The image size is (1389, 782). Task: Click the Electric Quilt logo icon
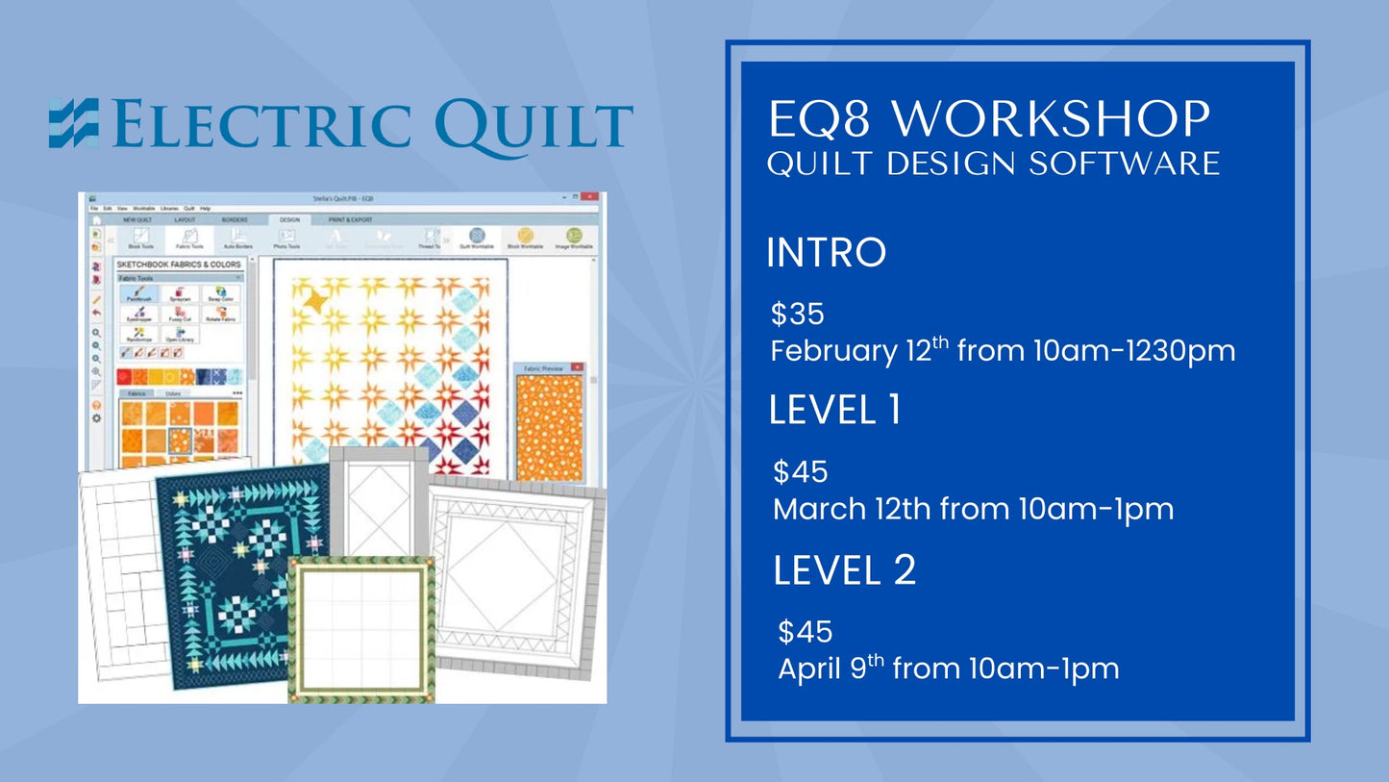74,123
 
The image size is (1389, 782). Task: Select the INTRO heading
826,253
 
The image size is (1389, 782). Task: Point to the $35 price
798,314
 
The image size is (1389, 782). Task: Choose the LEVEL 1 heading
834,411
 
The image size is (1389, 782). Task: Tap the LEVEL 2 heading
844,570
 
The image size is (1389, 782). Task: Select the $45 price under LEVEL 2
805,632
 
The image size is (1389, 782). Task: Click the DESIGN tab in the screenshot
289,219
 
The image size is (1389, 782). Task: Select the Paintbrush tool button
139,293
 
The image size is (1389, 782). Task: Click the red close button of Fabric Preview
577,367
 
